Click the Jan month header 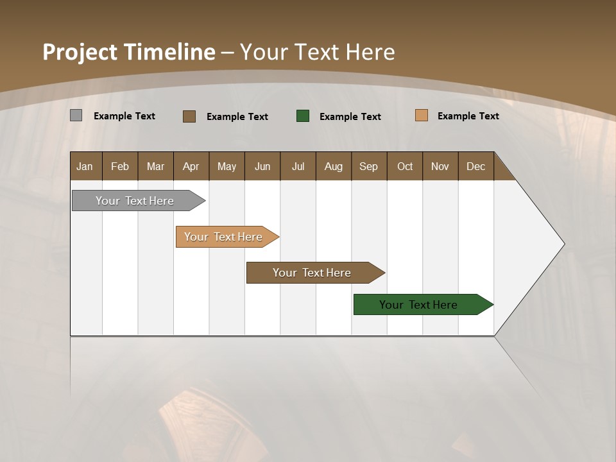pos(85,166)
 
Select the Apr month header pos(191,166)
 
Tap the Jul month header pos(298,166)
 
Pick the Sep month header pos(369,166)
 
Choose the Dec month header pos(475,166)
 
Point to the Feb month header pos(120,166)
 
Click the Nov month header pos(440,166)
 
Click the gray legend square pos(76,116)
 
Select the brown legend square pos(189,116)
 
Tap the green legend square pos(303,116)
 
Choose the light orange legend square pos(421,116)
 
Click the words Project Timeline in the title pos(128,52)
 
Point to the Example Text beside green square pos(350,117)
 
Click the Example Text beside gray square pos(124,116)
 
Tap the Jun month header pos(262,166)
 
